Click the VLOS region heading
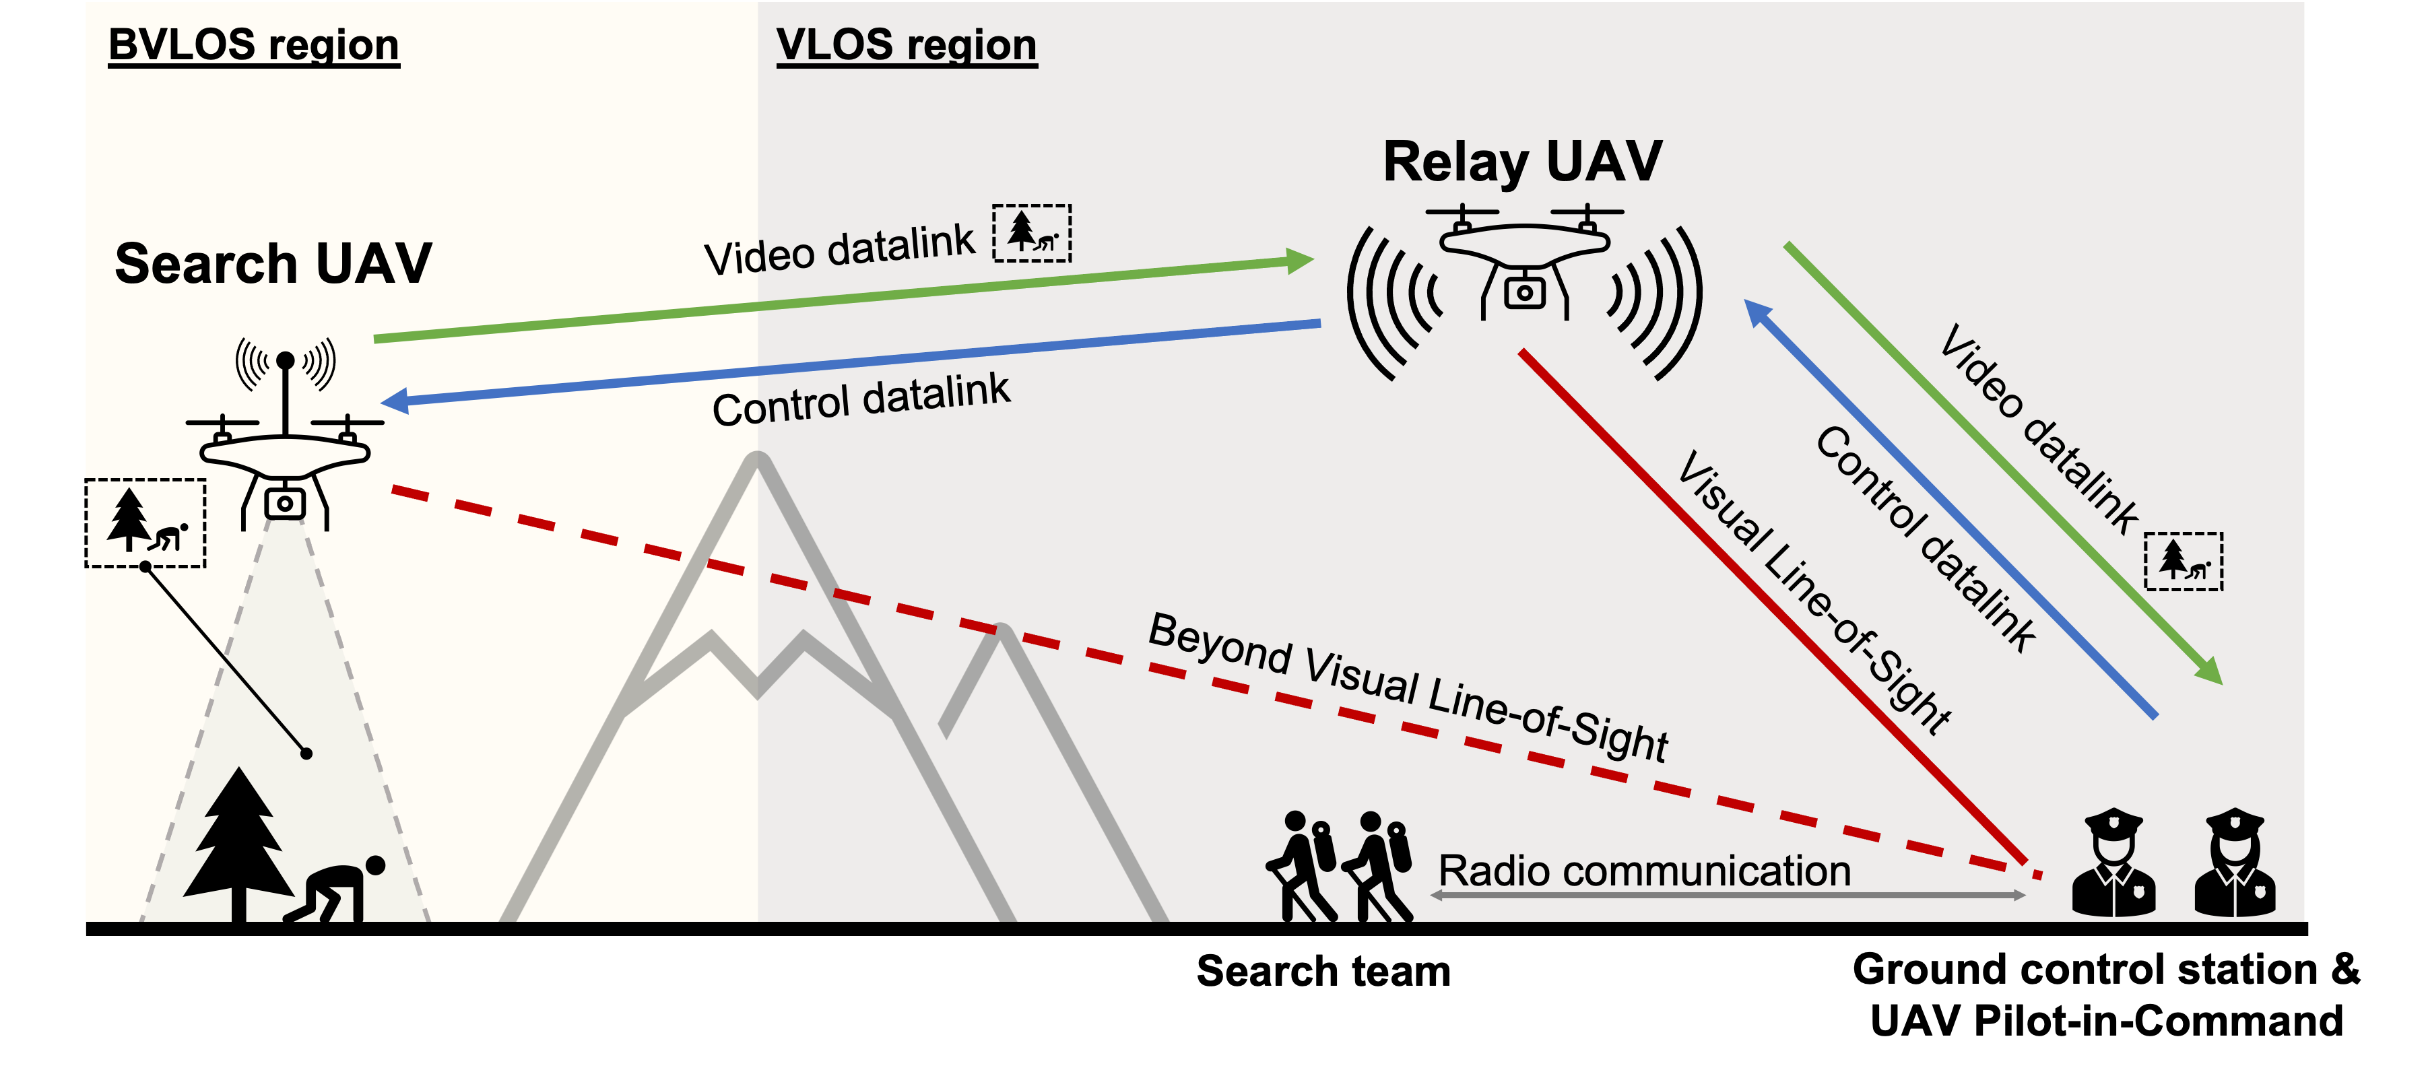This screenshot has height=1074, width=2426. pyautogui.click(x=906, y=44)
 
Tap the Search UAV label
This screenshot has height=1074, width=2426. pyautogui.click(x=273, y=263)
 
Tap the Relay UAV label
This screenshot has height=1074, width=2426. pyautogui.click(x=1522, y=161)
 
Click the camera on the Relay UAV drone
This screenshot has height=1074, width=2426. pyautogui.click(x=1525, y=293)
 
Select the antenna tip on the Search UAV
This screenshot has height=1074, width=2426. pyautogui.click(x=286, y=360)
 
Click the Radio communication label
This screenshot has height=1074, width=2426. pyautogui.click(x=1644, y=871)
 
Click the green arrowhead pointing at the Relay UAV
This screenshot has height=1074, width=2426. pyautogui.click(x=1301, y=261)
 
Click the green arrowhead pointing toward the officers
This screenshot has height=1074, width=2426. pyautogui.click(x=2210, y=672)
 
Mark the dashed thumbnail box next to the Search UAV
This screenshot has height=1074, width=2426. pyautogui.click(x=146, y=523)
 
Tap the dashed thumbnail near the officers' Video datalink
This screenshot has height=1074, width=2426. pyautogui.click(x=2183, y=561)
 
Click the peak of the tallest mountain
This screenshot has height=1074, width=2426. pyautogui.click(x=756, y=459)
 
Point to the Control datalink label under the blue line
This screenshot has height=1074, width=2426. pyautogui.click(x=861, y=400)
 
